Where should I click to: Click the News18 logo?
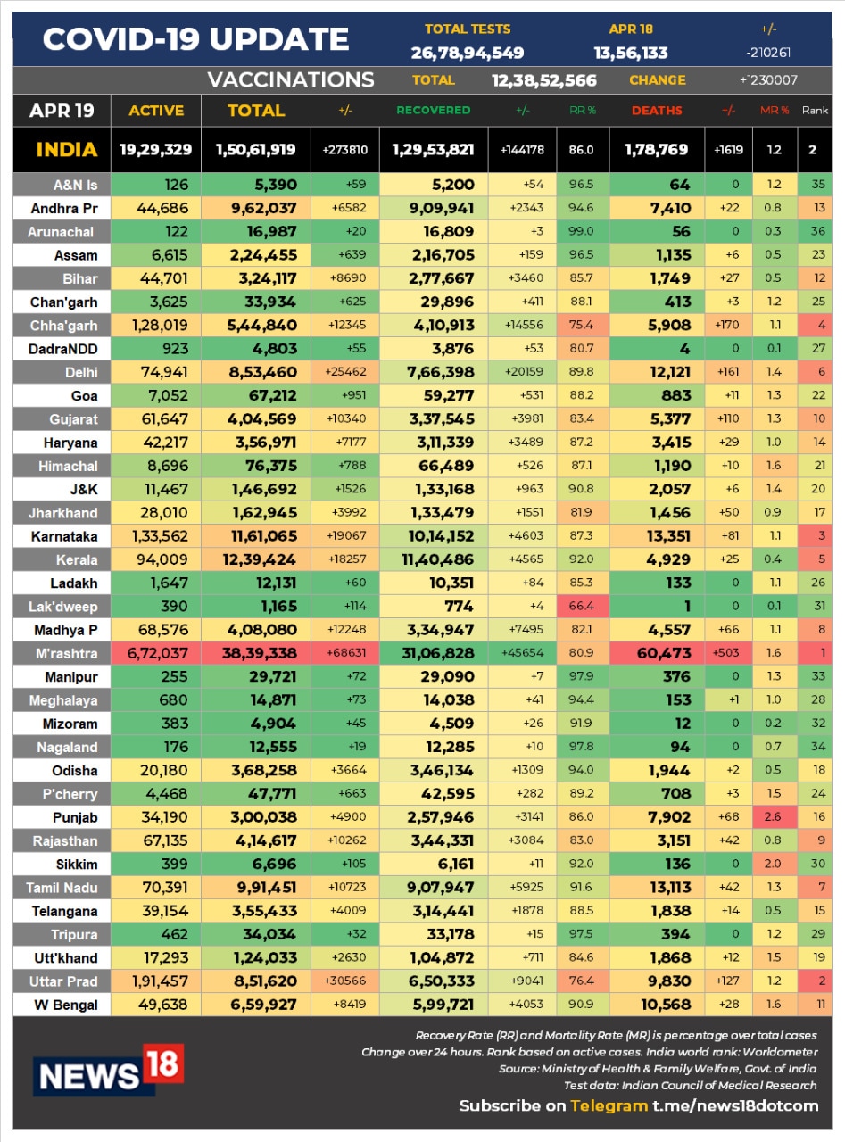pyautogui.click(x=108, y=1069)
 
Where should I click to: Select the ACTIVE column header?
pyautogui.click(x=156, y=111)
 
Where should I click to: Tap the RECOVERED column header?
pyautogui.click(x=434, y=111)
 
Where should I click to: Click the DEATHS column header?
pyautogui.click(x=657, y=111)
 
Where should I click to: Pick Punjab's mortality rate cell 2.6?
pyautogui.click(x=774, y=816)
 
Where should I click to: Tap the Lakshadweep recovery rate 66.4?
pyautogui.click(x=581, y=606)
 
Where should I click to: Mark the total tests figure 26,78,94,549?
pyautogui.click(x=468, y=53)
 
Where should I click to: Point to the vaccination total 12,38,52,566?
pyautogui.click(x=544, y=80)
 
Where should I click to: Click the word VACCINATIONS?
pyautogui.click(x=291, y=80)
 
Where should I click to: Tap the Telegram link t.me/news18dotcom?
pyautogui.click(x=735, y=1105)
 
